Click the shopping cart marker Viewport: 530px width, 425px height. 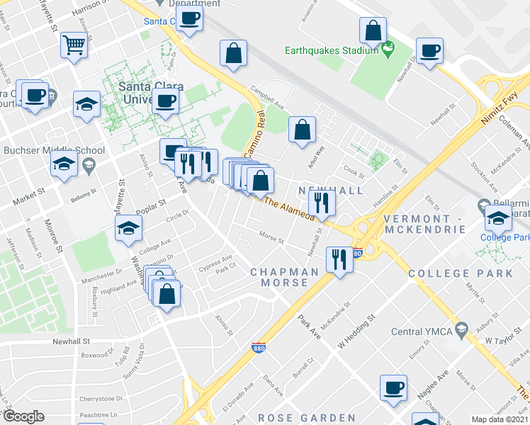[x=74, y=47]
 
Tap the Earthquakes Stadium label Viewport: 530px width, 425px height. [x=331, y=50]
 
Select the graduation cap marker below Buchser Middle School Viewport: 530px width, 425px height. [x=64, y=164]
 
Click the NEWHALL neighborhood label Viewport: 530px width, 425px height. [x=331, y=191]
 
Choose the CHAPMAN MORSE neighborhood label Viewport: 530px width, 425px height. [x=284, y=277]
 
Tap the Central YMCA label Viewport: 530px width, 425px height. [x=422, y=331]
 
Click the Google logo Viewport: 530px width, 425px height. [x=23, y=416]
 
